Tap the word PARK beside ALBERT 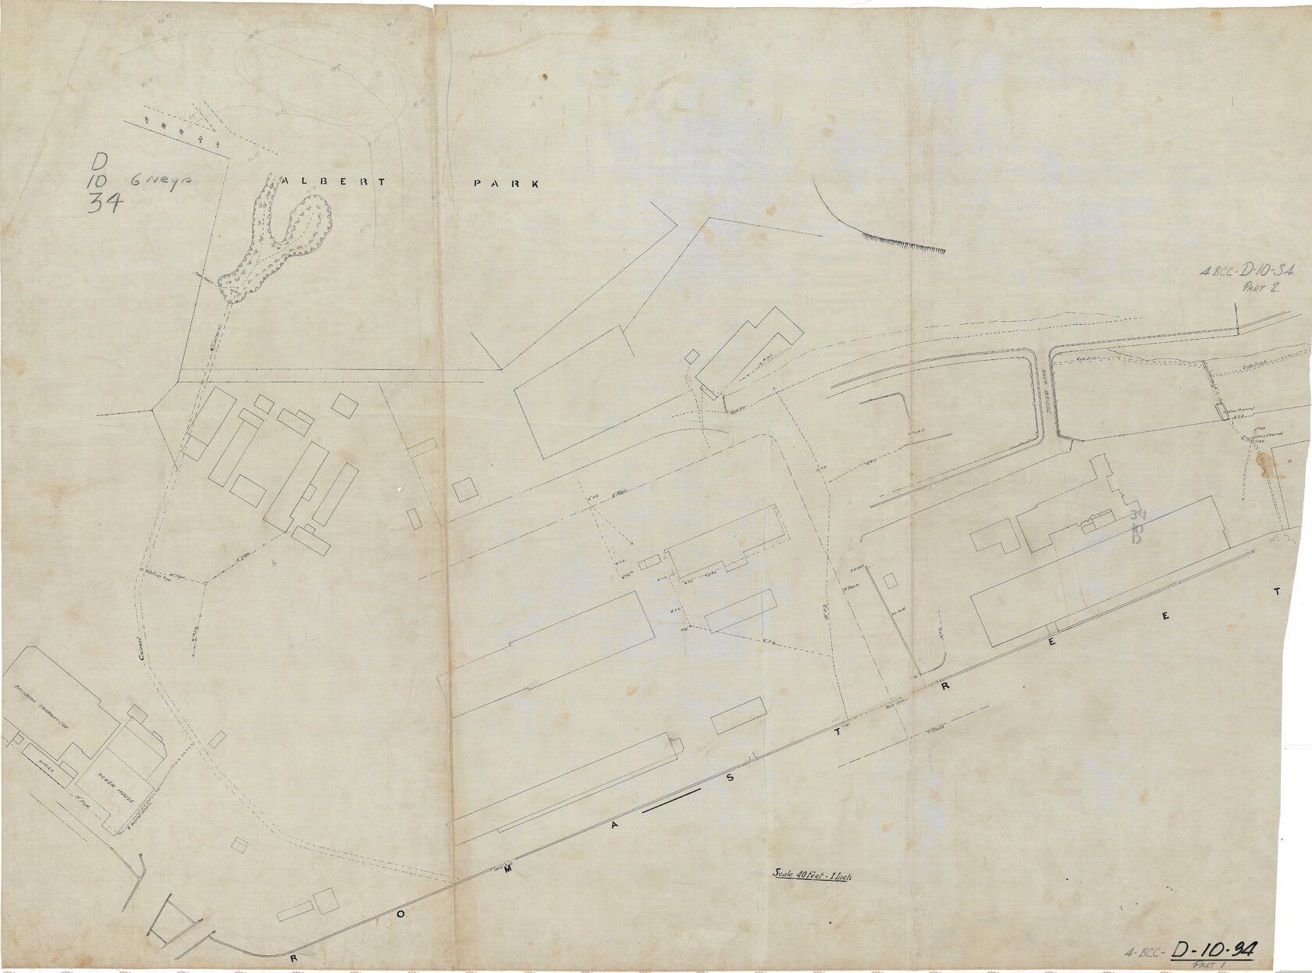(507, 184)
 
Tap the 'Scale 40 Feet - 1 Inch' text (812, 875)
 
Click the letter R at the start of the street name (294, 957)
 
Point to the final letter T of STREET (1277, 592)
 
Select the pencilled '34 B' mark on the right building (1136, 525)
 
